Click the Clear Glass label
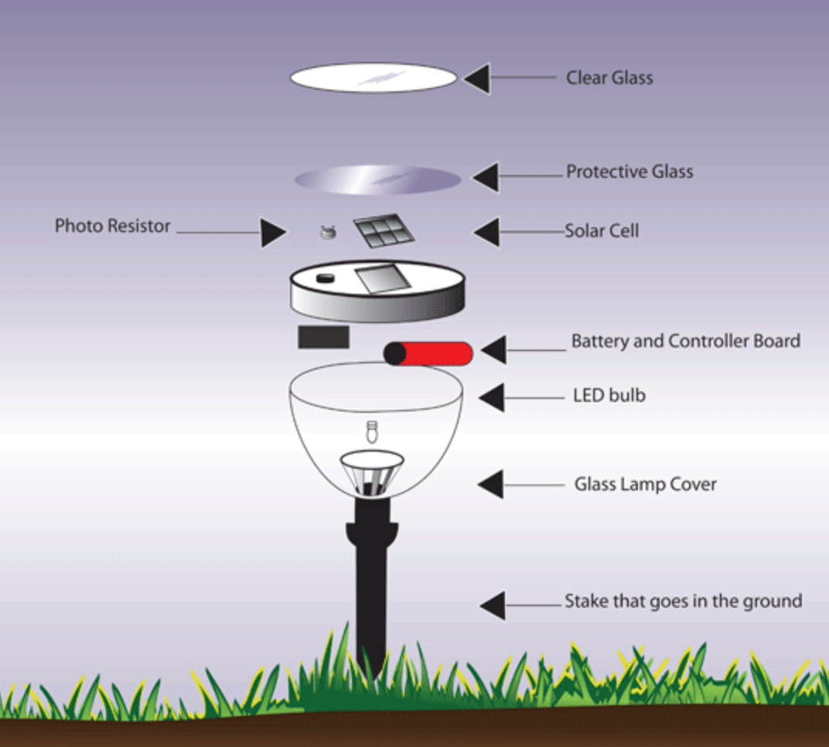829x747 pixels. click(609, 78)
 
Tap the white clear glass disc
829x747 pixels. click(374, 77)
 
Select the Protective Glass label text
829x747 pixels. click(629, 172)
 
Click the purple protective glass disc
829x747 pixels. click(377, 179)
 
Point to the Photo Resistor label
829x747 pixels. click(112, 227)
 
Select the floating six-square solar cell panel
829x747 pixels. click(382, 230)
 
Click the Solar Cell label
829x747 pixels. click(602, 231)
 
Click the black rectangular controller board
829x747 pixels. click(323, 336)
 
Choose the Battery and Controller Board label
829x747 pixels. click(685, 341)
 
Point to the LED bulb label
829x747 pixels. click(609, 396)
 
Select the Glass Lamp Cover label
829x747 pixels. click(645, 485)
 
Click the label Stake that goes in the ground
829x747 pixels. click(683, 601)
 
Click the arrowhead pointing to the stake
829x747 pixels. click(493, 605)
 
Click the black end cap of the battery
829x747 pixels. click(395, 354)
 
